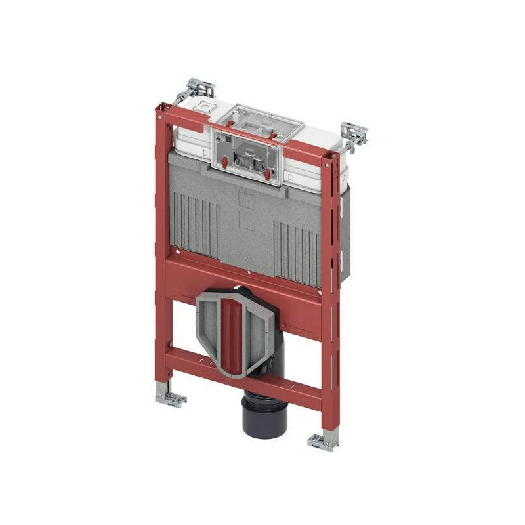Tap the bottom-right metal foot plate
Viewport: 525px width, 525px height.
point(324,441)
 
